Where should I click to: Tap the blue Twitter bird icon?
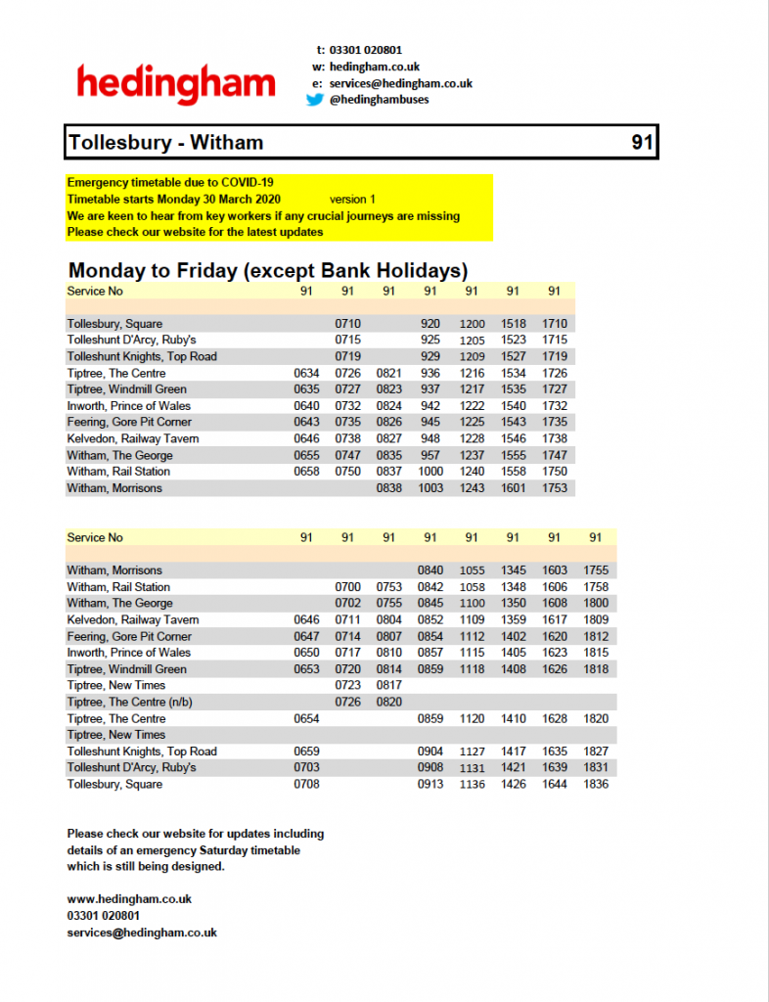(315, 99)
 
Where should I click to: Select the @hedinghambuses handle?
(380, 99)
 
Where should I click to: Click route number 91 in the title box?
(641, 143)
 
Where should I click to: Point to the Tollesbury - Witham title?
(165, 143)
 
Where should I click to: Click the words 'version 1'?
(352, 199)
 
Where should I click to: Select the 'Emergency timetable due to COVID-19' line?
(170, 182)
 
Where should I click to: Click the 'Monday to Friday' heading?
(267, 270)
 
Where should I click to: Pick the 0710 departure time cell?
(348, 323)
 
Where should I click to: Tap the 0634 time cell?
(306, 373)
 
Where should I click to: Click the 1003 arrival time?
(430, 487)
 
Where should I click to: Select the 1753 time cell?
(555, 487)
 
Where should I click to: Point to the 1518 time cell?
(514, 323)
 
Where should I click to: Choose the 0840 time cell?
(430, 569)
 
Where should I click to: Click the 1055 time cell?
(472, 569)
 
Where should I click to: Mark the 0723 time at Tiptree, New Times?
(348, 685)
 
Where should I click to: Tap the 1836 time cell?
(596, 784)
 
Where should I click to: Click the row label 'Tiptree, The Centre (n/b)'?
(129, 702)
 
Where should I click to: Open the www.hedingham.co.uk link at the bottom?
(129, 898)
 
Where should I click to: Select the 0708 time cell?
(306, 784)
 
